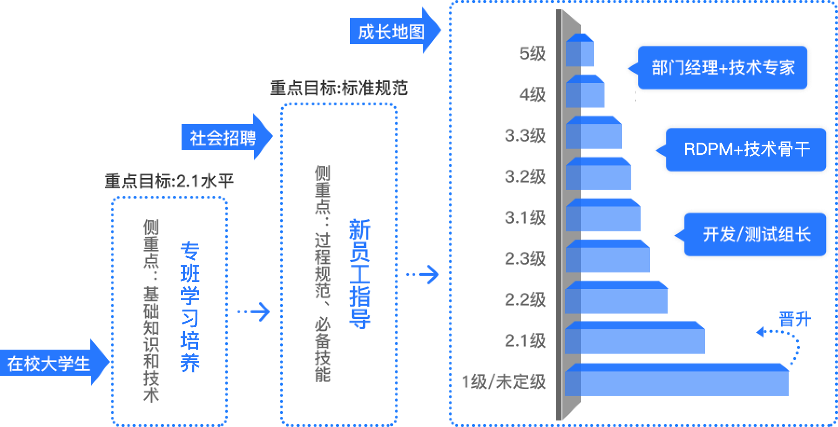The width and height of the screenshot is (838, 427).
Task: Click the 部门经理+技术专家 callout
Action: pyautogui.click(x=723, y=68)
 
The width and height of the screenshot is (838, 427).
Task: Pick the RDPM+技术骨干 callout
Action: pyautogui.click(x=746, y=150)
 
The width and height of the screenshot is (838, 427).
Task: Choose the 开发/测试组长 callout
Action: pyautogui.click(x=756, y=234)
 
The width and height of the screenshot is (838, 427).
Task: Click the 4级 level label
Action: pyautogui.click(x=533, y=95)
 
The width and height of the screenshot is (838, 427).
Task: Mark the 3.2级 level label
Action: pyautogui.click(x=525, y=177)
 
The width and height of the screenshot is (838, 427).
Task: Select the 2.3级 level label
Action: pyautogui.click(x=525, y=259)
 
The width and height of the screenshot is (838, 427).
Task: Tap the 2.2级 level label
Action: pyautogui.click(x=525, y=300)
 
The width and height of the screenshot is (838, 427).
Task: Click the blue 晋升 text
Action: pyautogui.click(x=795, y=320)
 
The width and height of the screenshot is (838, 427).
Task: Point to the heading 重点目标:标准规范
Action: pyautogui.click(x=339, y=88)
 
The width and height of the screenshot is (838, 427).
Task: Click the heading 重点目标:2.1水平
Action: pyautogui.click(x=169, y=181)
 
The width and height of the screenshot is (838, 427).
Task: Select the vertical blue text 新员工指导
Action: pyautogui.click(x=359, y=274)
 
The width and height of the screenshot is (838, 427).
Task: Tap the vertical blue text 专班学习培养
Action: pyautogui.click(x=190, y=307)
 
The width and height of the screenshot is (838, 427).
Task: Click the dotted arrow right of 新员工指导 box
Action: pyautogui.click(x=422, y=275)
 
